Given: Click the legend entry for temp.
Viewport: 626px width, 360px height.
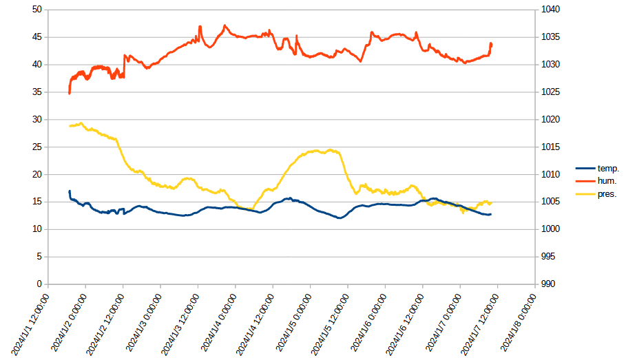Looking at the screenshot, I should pos(607,168).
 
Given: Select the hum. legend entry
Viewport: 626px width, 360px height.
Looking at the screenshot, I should pos(607,181).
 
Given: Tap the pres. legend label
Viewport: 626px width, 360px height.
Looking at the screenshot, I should pos(607,194).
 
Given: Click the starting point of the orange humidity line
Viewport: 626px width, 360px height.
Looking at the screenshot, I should pos(70,93).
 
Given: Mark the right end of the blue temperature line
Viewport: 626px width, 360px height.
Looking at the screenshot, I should pos(491,215).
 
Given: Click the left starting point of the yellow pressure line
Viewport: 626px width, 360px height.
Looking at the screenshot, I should pos(70,126).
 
